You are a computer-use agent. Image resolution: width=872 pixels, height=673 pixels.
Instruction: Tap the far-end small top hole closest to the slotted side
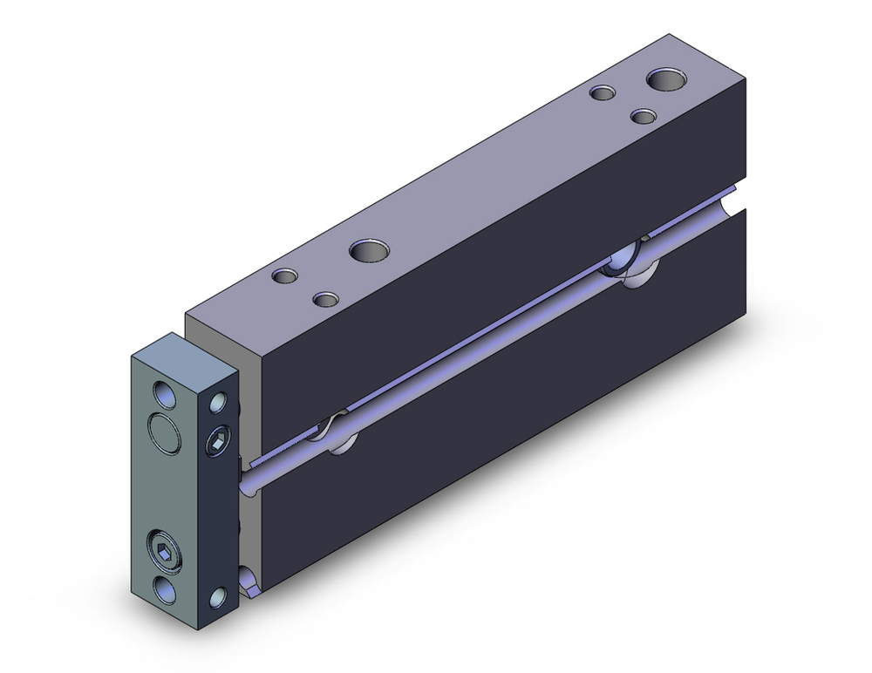click(644, 116)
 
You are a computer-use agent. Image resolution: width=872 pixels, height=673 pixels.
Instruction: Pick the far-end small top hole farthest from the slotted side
click(602, 92)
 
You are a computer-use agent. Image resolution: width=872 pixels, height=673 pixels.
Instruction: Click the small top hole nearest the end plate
click(285, 276)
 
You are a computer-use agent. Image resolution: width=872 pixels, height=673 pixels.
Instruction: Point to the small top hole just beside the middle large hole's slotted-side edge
click(325, 300)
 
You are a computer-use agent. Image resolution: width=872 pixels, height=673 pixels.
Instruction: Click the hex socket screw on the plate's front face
click(163, 550)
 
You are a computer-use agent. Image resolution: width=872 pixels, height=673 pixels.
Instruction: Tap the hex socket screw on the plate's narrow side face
click(216, 445)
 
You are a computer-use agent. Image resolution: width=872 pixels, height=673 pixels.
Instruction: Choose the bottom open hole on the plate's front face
click(163, 588)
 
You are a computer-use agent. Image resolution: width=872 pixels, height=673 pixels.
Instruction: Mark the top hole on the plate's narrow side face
click(218, 403)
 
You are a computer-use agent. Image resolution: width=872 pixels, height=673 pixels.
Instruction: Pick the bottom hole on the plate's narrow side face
click(217, 597)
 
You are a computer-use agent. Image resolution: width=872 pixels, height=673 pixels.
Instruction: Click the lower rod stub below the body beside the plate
click(248, 581)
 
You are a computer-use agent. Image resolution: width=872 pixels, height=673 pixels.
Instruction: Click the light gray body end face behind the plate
click(252, 384)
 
